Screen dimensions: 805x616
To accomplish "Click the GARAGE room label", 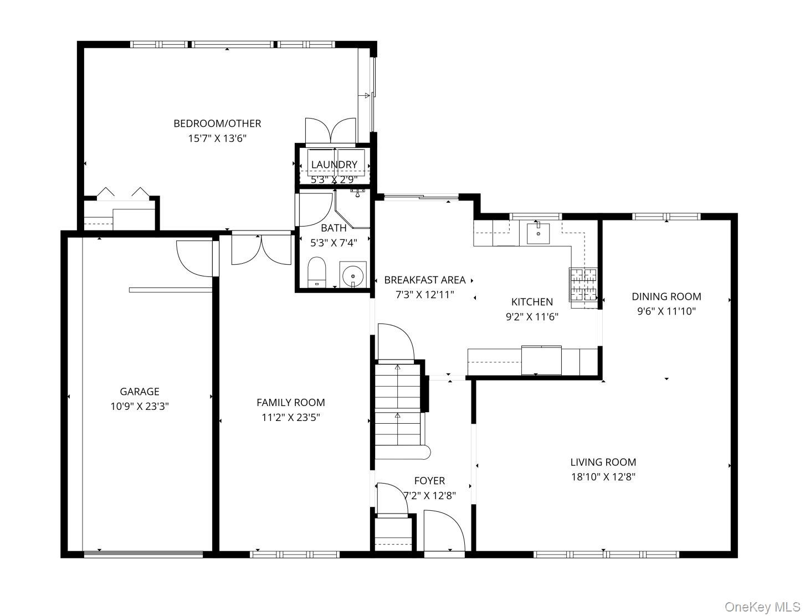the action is [x=140, y=391].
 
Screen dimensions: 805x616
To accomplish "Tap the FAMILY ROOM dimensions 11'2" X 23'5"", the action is [x=291, y=417].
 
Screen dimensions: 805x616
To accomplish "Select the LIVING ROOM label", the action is [x=603, y=462].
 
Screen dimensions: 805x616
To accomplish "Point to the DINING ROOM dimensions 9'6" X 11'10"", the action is [x=666, y=311].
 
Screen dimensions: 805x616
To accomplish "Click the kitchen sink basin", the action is [x=538, y=233].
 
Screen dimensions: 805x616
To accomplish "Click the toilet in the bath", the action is [x=316, y=273].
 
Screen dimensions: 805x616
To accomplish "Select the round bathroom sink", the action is [x=353, y=275].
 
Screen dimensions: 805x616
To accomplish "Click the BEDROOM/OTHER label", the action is [x=217, y=123].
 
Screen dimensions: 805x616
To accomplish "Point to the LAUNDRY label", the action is [x=334, y=165].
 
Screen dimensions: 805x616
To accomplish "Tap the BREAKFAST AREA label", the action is [x=425, y=280].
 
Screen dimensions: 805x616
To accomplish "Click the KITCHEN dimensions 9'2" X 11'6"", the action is [x=532, y=317].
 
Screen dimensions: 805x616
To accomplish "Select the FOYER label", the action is [x=429, y=481].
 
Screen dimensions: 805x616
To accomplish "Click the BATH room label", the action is [x=334, y=228].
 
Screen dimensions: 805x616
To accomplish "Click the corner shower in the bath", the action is [x=352, y=209].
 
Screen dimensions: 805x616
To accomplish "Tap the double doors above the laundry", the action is [x=330, y=130].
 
